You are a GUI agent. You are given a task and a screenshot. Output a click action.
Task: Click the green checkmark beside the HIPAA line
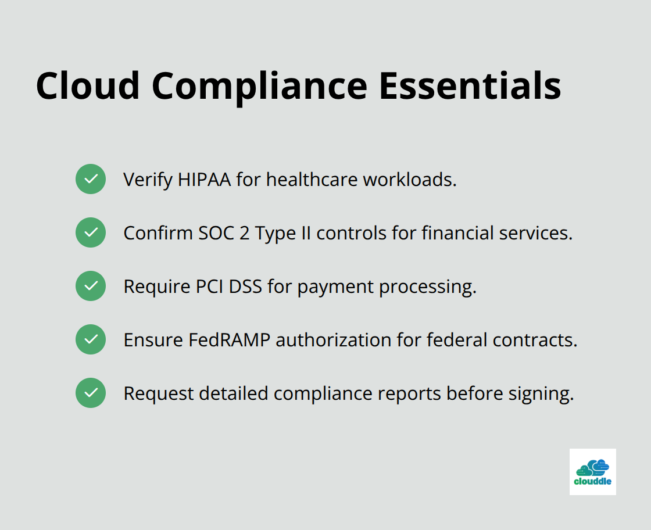91,179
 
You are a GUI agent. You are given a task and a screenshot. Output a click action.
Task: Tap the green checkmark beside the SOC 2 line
91,232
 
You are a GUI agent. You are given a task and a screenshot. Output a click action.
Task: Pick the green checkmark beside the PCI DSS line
91,286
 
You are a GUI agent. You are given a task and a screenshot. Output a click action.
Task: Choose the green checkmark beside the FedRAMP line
91,339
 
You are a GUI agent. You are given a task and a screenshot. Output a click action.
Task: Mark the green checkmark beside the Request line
91,393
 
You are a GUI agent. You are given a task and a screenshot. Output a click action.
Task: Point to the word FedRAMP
229,340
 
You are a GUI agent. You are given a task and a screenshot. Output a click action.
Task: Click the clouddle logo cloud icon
592,467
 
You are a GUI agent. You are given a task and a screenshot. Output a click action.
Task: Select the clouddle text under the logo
592,481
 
